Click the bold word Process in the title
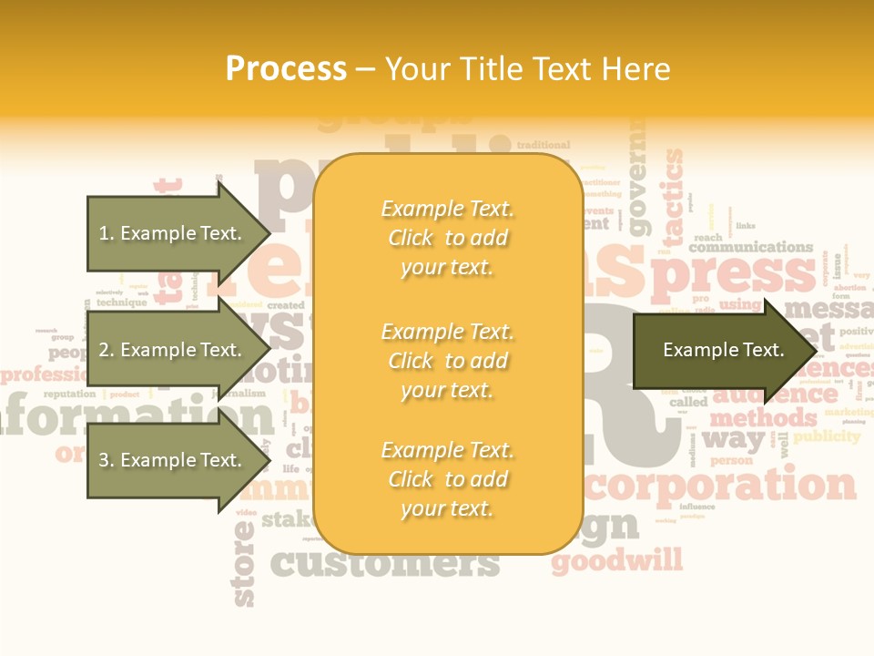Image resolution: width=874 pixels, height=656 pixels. tap(286, 69)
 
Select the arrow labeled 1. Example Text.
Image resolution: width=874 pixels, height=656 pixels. tap(171, 233)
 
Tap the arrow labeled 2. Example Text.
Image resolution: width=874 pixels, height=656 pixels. tap(171, 350)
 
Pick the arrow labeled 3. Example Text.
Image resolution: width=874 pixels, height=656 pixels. tap(171, 460)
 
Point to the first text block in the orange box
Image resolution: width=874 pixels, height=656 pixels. tap(447, 238)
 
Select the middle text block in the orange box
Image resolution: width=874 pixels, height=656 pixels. tap(447, 361)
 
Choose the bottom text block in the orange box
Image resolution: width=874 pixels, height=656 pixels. tap(447, 479)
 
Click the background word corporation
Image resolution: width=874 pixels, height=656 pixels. tap(720, 485)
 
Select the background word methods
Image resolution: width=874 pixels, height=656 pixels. tap(763, 418)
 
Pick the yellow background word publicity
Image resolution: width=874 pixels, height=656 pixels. tap(826, 436)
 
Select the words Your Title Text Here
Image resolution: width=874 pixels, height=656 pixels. tap(527, 69)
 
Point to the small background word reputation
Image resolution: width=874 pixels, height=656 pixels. tap(69, 395)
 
